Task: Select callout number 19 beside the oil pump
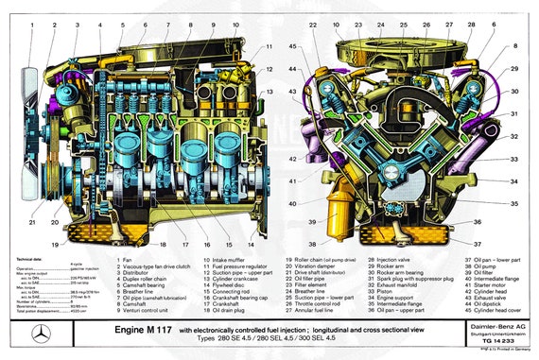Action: (x=70, y=244)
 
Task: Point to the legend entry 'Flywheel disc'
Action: (x=224, y=287)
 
